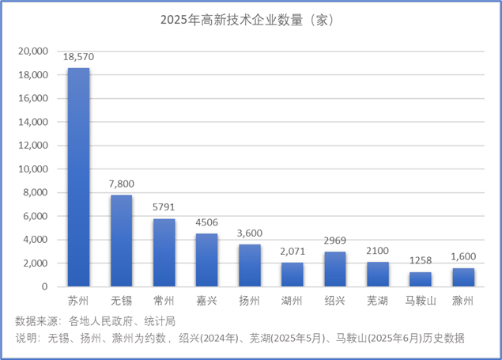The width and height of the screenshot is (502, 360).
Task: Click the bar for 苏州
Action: (x=78, y=177)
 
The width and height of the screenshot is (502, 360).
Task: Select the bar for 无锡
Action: (x=121, y=241)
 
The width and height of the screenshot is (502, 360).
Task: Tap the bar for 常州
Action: (x=164, y=252)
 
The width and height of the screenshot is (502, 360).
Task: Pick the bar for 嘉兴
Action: (x=206, y=260)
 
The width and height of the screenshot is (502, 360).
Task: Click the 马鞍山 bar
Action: (x=421, y=279)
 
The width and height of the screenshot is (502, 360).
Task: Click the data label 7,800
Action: (x=121, y=184)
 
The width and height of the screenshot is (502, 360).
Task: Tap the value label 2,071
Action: (x=292, y=252)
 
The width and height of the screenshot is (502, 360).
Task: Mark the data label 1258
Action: (x=421, y=261)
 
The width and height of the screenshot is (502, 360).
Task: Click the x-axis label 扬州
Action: (x=249, y=301)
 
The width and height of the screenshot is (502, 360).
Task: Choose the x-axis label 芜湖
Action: (x=378, y=301)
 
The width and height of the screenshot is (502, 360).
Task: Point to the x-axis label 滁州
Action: (x=463, y=301)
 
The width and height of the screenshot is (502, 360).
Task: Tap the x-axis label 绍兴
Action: (x=335, y=301)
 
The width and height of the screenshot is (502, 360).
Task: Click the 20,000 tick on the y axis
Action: (x=34, y=51)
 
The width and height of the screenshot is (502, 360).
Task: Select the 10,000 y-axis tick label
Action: (x=34, y=169)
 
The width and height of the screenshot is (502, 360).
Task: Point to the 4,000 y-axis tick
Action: (x=36, y=240)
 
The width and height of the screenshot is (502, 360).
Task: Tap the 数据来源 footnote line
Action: (x=95, y=321)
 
